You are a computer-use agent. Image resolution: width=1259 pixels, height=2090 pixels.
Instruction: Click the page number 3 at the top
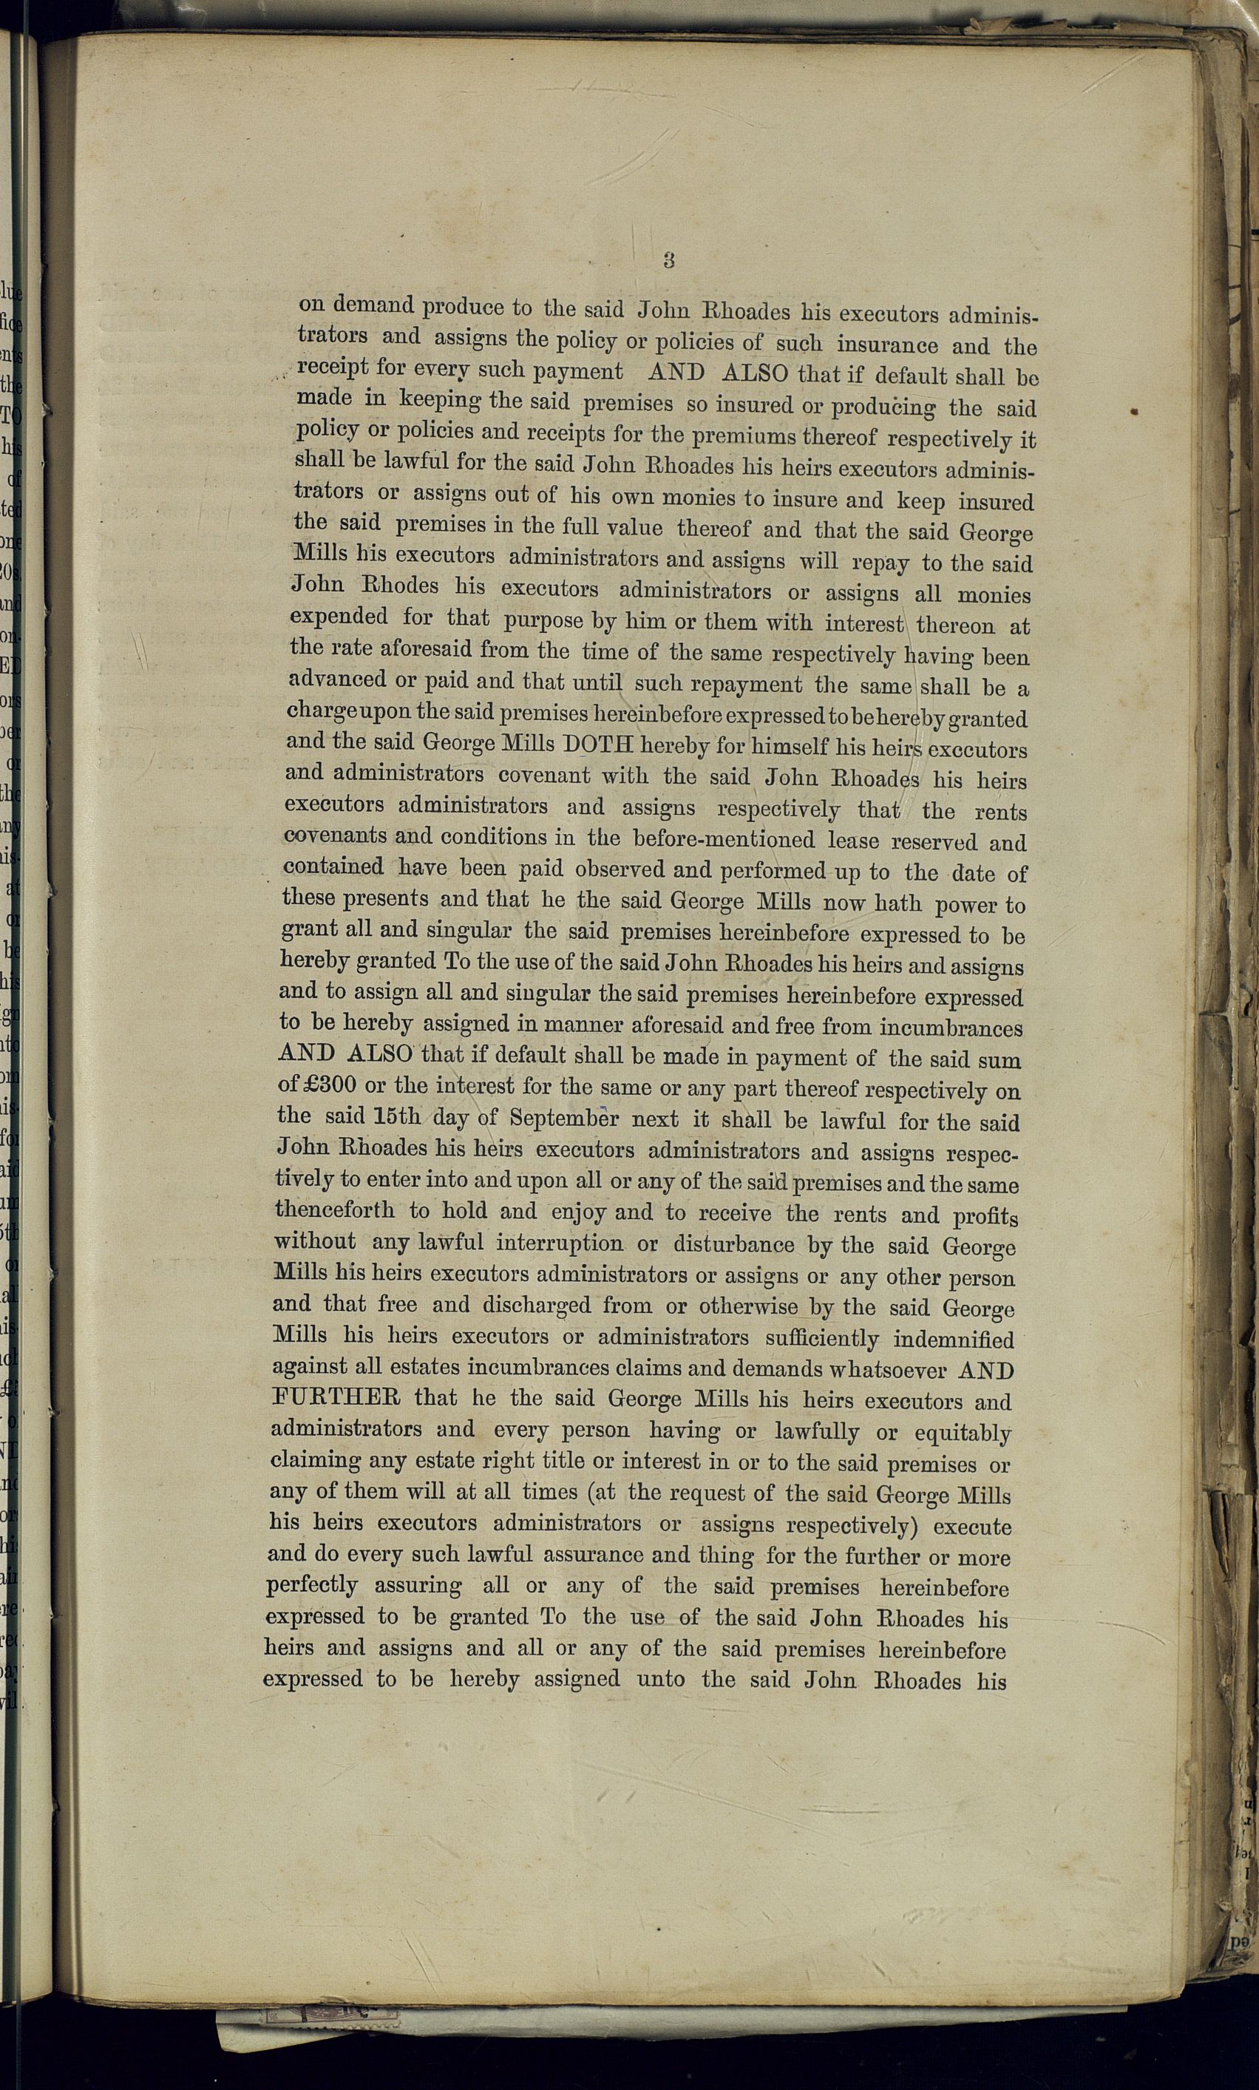pos(668,260)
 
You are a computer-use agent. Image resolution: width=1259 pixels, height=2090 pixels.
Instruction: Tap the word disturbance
pos(734,1244)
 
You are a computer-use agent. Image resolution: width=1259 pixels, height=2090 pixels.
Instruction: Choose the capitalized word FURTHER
pos(336,1397)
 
